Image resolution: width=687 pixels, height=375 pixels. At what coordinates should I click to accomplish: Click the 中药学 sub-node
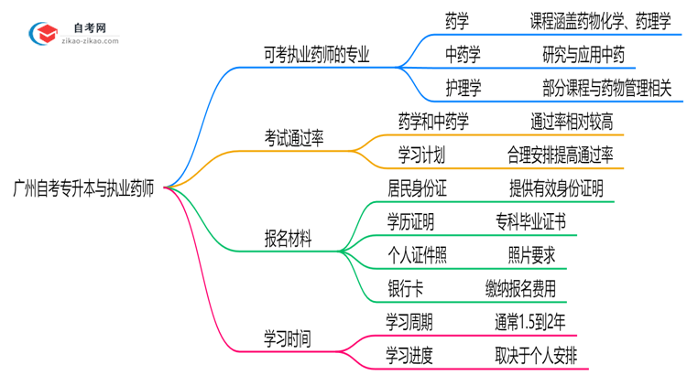click(463, 56)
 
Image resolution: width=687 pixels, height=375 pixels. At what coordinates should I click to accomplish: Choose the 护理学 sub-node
click(463, 88)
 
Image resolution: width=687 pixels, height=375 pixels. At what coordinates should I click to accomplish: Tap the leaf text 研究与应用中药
click(583, 56)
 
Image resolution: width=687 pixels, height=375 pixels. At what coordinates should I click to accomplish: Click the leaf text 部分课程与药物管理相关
click(606, 88)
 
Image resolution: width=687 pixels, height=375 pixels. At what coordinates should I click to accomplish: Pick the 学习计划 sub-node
click(421, 154)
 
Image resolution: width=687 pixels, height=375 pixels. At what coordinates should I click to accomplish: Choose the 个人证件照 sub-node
click(417, 255)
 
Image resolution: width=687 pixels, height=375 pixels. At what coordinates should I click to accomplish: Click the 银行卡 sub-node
click(406, 289)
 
